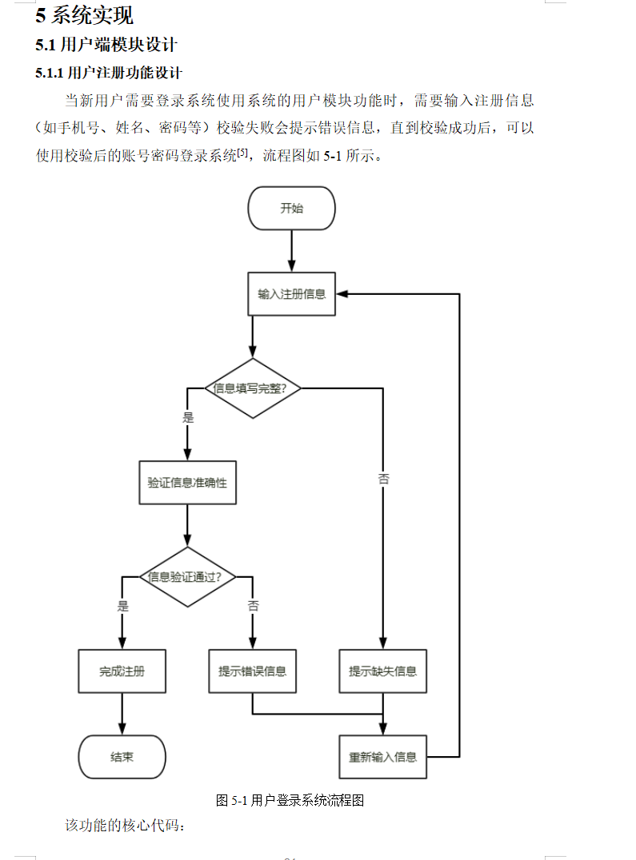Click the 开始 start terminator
point(291,209)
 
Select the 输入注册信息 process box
point(291,293)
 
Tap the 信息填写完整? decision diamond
point(253,388)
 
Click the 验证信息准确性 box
point(187,483)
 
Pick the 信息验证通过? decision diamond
point(187,576)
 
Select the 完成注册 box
point(122,671)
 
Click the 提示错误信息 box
point(252,671)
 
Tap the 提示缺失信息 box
point(382,671)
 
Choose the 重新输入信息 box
point(382,756)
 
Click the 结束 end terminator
point(122,756)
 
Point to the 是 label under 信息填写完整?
point(188,417)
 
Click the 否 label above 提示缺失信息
point(383,479)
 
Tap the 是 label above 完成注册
point(122,606)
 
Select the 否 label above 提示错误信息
point(253,606)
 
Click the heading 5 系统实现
point(84,15)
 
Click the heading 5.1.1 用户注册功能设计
point(109,74)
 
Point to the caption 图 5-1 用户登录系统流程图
point(290,800)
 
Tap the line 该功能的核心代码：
point(126,825)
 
